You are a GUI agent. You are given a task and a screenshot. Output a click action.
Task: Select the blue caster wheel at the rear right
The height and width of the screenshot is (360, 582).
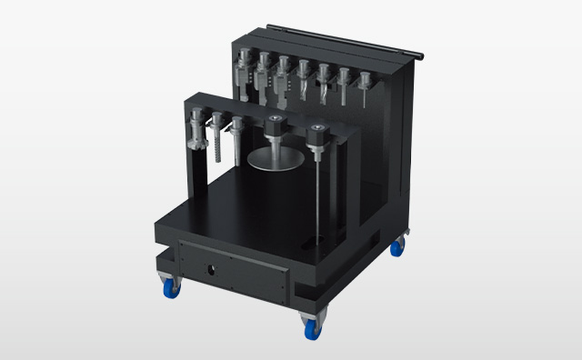tap(396, 247)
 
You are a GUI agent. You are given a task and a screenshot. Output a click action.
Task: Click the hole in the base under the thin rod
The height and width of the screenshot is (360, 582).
tap(317, 242)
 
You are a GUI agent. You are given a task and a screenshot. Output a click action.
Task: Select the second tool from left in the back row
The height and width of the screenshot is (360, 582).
tap(264, 76)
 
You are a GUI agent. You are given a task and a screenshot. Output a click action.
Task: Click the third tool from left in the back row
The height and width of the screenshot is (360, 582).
tap(284, 80)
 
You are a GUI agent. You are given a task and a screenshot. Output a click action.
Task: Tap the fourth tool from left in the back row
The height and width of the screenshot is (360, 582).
tap(304, 81)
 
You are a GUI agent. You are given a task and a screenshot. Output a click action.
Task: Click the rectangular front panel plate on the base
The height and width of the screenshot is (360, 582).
tap(235, 267)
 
